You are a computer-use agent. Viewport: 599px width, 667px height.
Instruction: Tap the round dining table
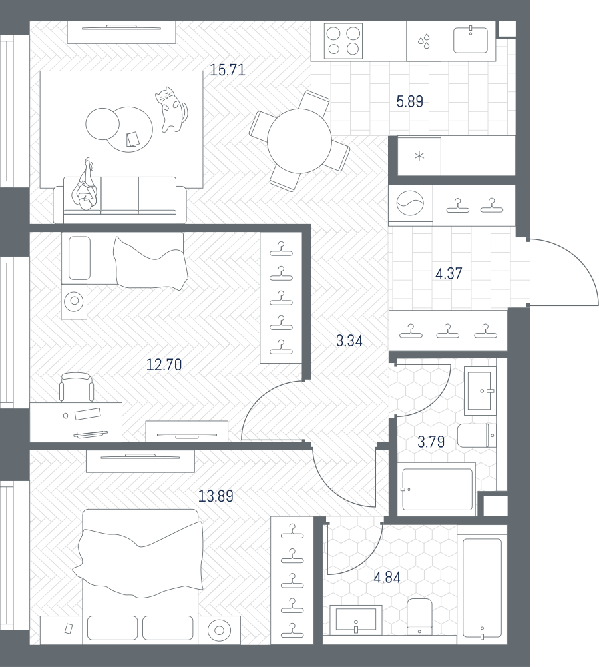[x=299, y=141]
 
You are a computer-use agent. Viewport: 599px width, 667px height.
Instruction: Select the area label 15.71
[x=228, y=70]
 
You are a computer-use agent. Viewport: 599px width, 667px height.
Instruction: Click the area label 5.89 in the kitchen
[x=409, y=102]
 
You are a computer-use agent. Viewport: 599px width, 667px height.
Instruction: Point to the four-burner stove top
[x=343, y=41]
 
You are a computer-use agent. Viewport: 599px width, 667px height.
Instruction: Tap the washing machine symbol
[x=411, y=203]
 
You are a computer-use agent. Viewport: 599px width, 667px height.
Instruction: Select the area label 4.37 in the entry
[x=449, y=273]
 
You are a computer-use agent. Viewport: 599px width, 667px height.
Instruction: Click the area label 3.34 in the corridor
[x=349, y=340]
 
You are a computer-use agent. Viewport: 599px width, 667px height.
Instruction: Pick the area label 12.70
[x=164, y=364]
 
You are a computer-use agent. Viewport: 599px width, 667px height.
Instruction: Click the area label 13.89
[x=216, y=496]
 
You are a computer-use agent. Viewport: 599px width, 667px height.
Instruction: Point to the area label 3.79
[x=431, y=442]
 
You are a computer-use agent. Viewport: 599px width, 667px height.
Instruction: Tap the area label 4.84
[x=387, y=577]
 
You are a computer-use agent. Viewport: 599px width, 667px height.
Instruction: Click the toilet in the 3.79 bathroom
[x=477, y=436]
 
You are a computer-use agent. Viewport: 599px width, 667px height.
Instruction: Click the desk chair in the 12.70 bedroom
[x=77, y=387]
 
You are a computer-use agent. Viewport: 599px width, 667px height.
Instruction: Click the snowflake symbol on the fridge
[x=419, y=156]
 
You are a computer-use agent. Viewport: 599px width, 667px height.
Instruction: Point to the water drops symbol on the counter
[x=423, y=41]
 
